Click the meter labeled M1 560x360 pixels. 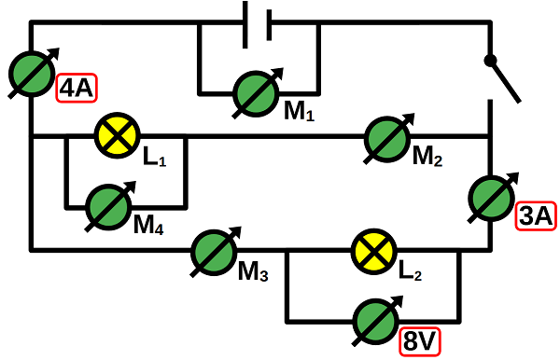click(x=256, y=92)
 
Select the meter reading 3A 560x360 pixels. click(x=490, y=196)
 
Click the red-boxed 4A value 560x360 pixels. click(x=77, y=89)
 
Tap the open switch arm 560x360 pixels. click(x=503, y=78)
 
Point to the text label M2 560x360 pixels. click(x=427, y=158)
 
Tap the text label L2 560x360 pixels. click(x=411, y=272)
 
